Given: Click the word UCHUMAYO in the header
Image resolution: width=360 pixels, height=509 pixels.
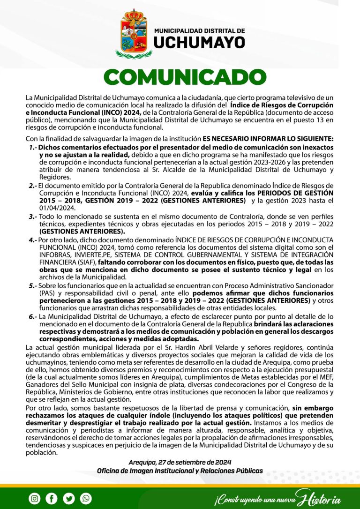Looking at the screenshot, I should (199, 43).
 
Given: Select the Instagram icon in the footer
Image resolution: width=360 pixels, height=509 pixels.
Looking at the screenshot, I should (35, 498).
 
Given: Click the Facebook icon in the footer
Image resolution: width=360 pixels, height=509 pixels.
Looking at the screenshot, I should (52, 498).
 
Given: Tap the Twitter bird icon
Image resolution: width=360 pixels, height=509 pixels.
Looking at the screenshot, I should (69, 498).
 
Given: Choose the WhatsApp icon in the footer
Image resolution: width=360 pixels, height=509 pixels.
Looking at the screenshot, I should (86, 498).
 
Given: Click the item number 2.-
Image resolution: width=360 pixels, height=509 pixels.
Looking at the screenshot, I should (33, 186).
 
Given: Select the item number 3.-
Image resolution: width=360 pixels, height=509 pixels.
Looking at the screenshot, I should (33, 217).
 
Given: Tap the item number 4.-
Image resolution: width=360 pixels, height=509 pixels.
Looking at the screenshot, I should (33, 240).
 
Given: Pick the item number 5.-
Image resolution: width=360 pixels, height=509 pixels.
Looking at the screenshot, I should (33, 285).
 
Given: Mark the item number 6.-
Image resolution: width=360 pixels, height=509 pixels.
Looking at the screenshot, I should (33, 317).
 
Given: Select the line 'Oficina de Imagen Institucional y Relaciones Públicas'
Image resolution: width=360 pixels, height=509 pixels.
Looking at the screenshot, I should (180, 471).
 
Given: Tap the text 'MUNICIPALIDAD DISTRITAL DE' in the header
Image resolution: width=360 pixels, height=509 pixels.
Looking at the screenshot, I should (199, 31).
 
